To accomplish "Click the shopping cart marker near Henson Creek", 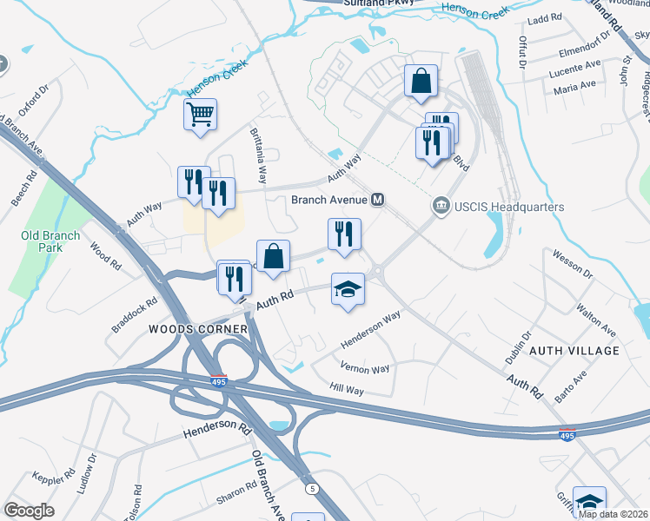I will [201, 114].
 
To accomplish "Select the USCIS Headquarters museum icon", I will [441, 206].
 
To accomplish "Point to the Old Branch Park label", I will [51, 241].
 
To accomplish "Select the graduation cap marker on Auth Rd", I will [348, 289].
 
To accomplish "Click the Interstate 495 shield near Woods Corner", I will [218, 379].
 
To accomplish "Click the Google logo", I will [29, 510].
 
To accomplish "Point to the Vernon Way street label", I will [365, 369].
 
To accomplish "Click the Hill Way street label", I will [346, 390].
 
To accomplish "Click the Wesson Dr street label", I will [573, 263].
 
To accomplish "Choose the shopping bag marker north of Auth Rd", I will [273, 256].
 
